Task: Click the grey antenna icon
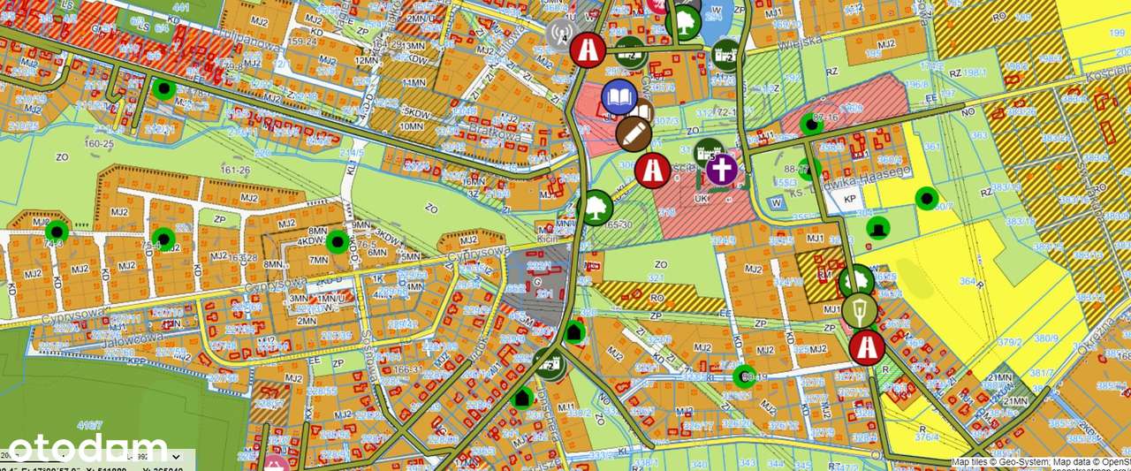558,34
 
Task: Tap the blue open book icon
619,96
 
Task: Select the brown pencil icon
634,133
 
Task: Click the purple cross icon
722,169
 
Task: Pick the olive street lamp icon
861,310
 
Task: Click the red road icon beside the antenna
587,49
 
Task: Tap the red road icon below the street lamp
866,346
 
